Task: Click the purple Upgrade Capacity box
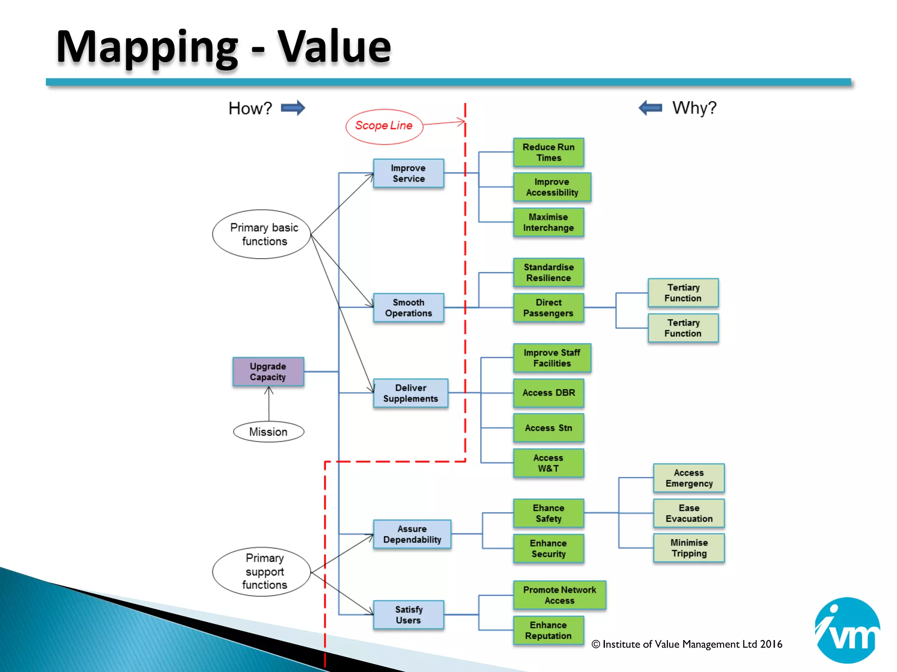[268, 371]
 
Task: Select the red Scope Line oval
[384, 126]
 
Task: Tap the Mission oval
[268, 432]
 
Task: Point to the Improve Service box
[408, 173]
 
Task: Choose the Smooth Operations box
[408, 308]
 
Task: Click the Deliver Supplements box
[410, 393]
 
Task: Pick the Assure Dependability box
[412, 534]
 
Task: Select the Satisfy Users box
[408, 615]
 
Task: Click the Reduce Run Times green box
[548, 152]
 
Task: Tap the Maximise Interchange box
[548, 222]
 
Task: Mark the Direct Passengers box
[548, 308]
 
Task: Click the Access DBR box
[548, 393]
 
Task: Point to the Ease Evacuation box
[689, 513]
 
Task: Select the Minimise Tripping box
[689, 548]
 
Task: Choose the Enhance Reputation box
[548, 630]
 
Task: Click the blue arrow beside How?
[293, 108]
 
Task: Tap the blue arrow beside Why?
[650, 107]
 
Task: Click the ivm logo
[847, 630]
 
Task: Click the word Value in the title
[334, 47]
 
